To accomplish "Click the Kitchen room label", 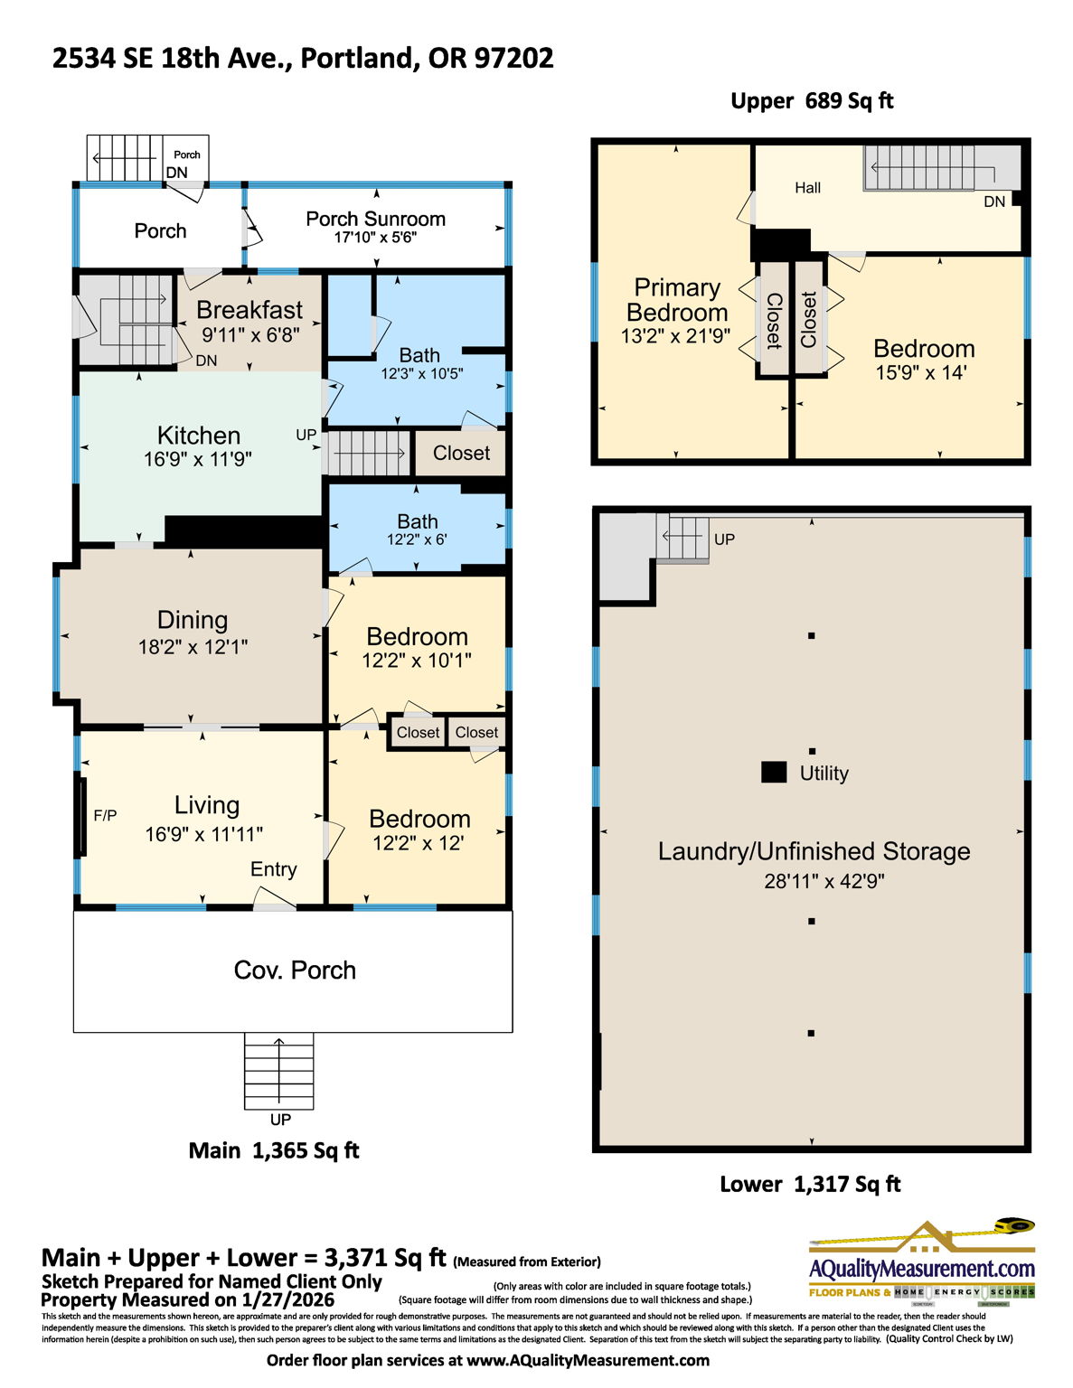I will coord(198,435).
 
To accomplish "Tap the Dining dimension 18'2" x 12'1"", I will coord(193,647).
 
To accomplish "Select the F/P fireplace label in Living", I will coord(105,816).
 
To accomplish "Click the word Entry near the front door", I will coord(273,869).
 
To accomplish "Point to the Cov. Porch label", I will coord(295,971).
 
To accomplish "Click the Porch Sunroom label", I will coord(375,219).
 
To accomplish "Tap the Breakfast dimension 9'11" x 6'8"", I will coord(249,334).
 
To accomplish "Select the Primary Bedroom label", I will coord(677,300).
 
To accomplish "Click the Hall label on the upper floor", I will coord(807,188).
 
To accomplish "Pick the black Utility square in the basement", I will coord(774,773).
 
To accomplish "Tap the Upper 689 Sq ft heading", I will coord(811,101).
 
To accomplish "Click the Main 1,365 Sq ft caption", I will coord(273,1151).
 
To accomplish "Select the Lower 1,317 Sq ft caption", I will coord(810,1185).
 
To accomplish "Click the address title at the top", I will coord(303,58).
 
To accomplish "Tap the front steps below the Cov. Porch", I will coord(279,1072).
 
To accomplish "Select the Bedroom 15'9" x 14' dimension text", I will coord(920,372).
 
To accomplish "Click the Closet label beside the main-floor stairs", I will coord(461,454).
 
